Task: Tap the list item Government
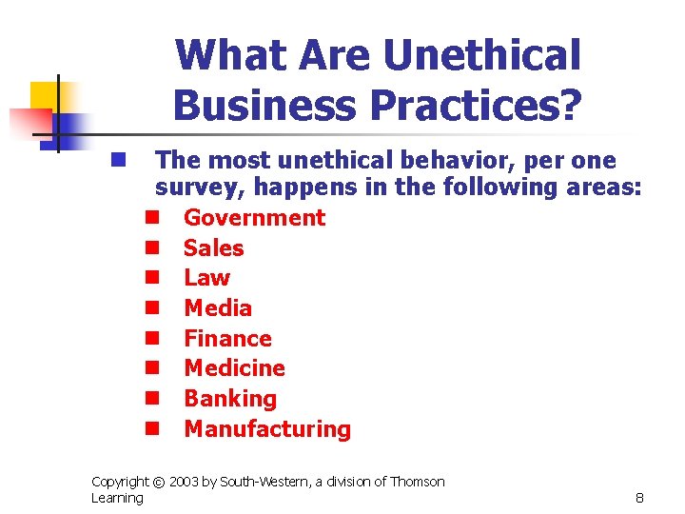254,218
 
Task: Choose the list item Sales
213,248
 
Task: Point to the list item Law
206,278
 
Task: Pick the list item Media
218,308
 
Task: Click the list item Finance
227,339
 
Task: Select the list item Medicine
234,368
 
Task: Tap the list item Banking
229,399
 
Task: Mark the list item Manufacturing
267,429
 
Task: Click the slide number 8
639,498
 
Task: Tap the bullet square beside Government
150,218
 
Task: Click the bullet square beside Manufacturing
150,429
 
